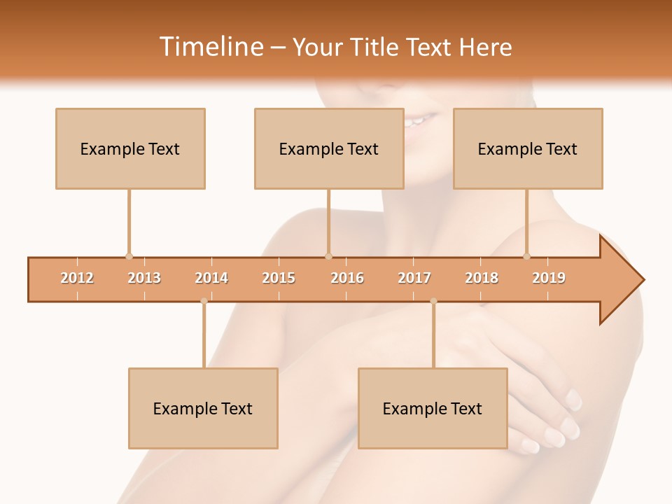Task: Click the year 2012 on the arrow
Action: click(x=77, y=278)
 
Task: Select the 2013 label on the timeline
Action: click(x=144, y=278)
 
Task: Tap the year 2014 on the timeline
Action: click(x=211, y=278)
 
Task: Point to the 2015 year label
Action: click(x=279, y=278)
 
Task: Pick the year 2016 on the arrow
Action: click(x=347, y=278)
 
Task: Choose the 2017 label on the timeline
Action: click(x=414, y=278)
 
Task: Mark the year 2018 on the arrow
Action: click(x=482, y=278)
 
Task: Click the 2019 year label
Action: click(x=549, y=278)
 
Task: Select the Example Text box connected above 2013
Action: click(x=130, y=149)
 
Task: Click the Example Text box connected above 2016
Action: click(x=329, y=149)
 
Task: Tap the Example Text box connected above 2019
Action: click(x=528, y=149)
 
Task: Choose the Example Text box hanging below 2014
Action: click(x=203, y=409)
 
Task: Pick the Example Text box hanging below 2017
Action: click(x=433, y=409)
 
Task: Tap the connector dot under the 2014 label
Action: click(x=204, y=301)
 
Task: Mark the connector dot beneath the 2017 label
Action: click(x=433, y=301)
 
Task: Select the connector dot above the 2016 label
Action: click(x=328, y=256)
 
